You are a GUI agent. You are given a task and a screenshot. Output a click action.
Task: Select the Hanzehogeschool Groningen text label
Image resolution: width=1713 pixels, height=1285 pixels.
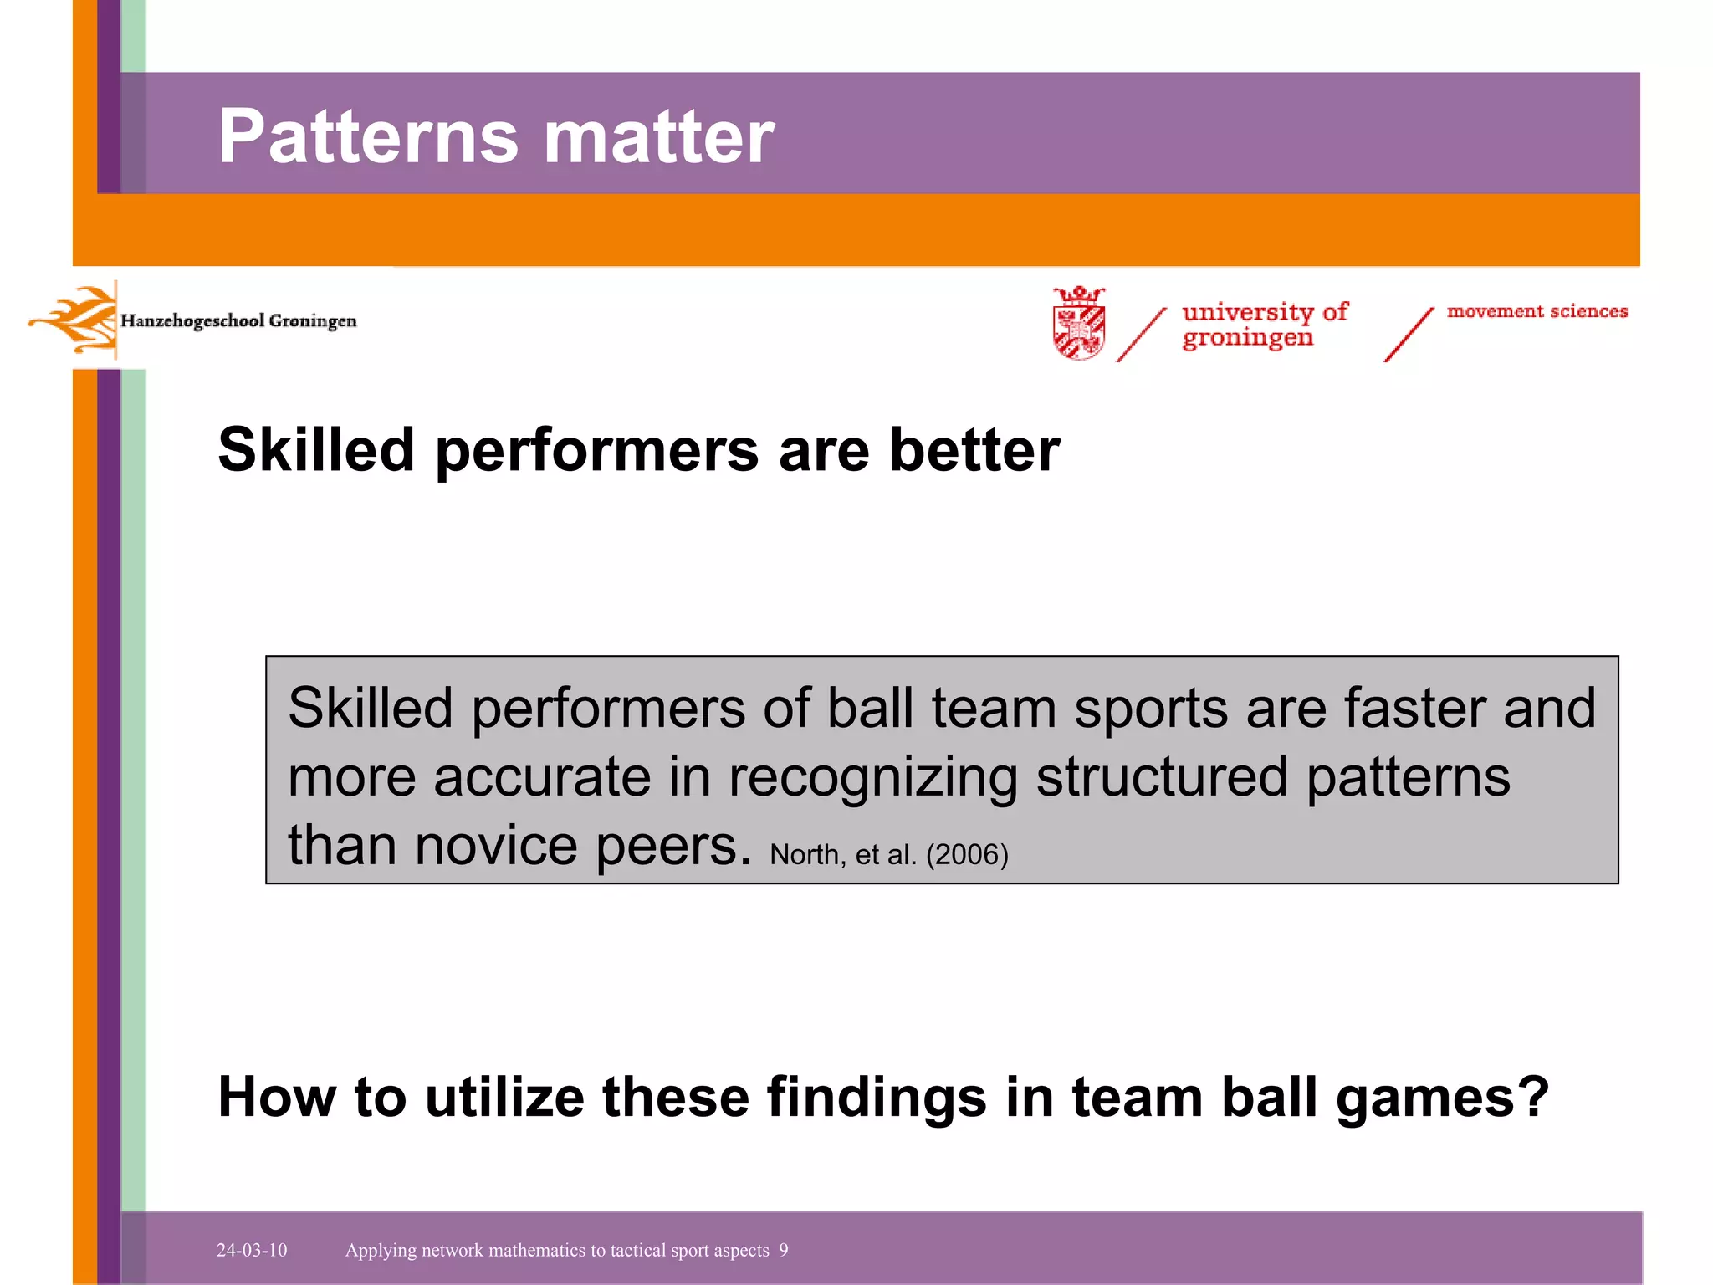(238, 321)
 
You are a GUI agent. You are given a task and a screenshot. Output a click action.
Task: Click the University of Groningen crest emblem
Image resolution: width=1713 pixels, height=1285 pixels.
(1079, 324)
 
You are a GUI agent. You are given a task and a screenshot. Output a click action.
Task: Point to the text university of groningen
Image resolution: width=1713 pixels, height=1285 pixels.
(1263, 325)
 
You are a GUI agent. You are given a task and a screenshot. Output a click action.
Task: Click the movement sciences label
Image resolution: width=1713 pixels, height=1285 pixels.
(1537, 311)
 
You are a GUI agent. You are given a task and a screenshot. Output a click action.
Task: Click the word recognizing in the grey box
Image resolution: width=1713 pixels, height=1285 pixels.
(872, 778)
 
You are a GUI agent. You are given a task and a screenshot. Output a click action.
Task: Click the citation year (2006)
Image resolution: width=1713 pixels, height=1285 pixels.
(967, 855)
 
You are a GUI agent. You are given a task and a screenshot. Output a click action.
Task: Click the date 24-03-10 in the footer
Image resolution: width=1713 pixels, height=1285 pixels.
(252, 1250)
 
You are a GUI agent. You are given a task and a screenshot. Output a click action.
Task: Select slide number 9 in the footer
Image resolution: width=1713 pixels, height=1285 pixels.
(784, 1250)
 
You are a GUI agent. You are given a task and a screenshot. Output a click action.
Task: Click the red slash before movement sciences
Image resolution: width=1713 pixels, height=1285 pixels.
(1409, 335)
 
